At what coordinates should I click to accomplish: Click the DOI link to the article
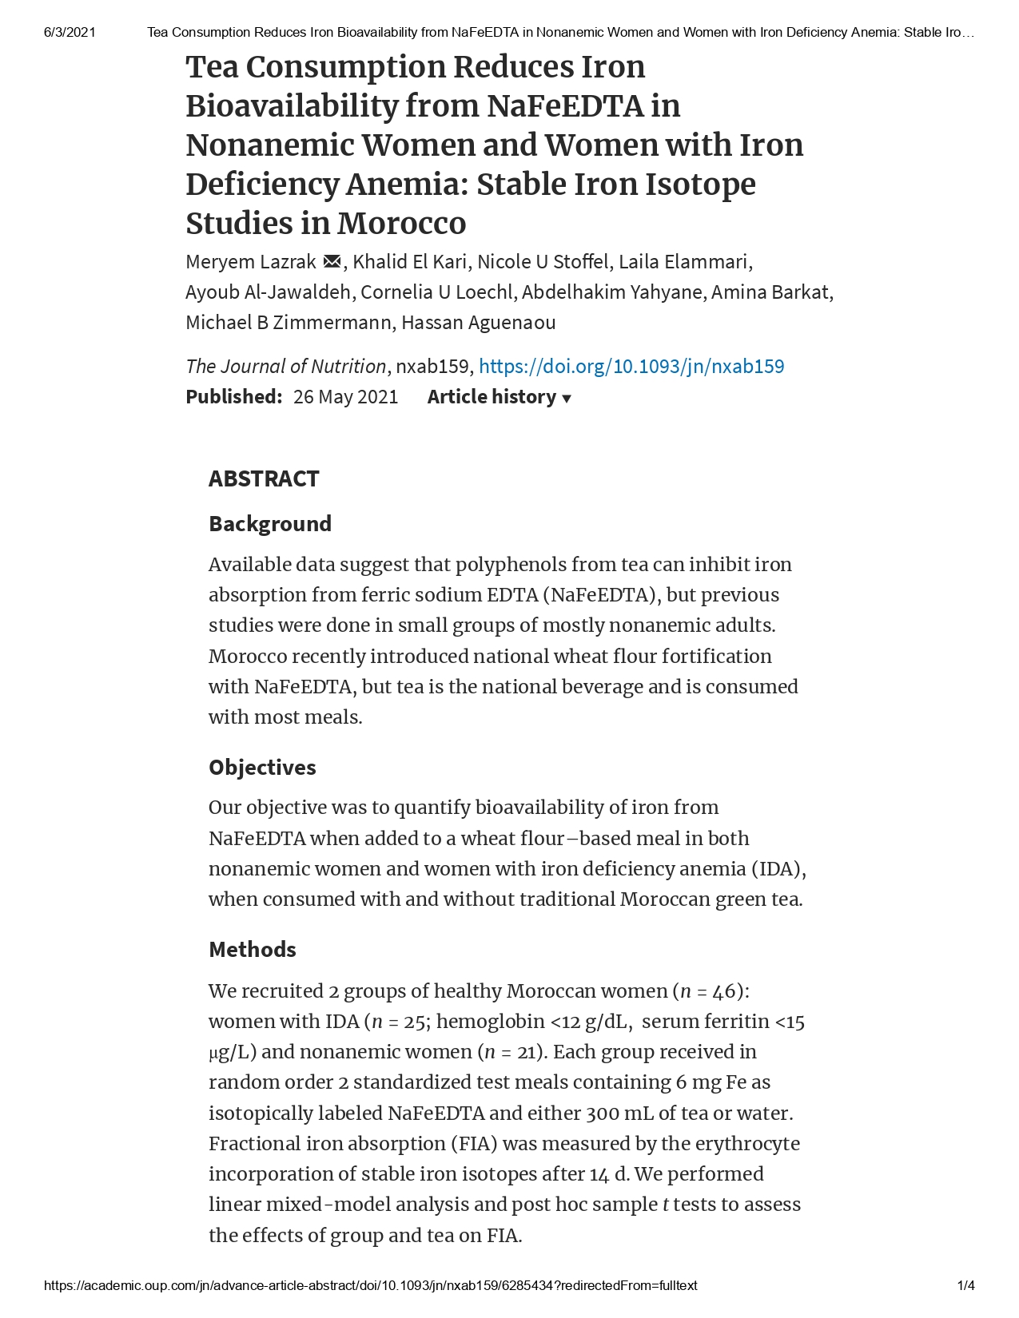coord(631,367)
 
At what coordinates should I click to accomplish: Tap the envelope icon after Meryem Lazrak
coord(332,262)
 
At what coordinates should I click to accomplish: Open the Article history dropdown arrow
coord(567,399)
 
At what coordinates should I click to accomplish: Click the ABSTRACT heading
coord(264,478)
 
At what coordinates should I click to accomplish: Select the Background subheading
coord(270,524)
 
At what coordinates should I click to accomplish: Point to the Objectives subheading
coord(262,768)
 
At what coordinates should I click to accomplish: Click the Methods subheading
coord(253,950)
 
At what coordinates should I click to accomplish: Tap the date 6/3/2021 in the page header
coord(70,33)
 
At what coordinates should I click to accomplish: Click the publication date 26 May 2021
coord(345,397)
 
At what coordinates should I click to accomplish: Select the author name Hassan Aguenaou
coord(478,323)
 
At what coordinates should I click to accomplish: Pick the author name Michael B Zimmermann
coord(289,323)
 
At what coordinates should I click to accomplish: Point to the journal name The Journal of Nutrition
coord(285,367)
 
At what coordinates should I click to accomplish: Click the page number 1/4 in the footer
coord(965,1286)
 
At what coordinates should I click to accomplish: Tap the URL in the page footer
coord(371,1286)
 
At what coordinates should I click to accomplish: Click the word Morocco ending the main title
coord(401,224)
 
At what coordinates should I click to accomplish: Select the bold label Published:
coord(233,397)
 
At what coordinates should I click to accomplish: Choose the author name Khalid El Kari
coord(410,262)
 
